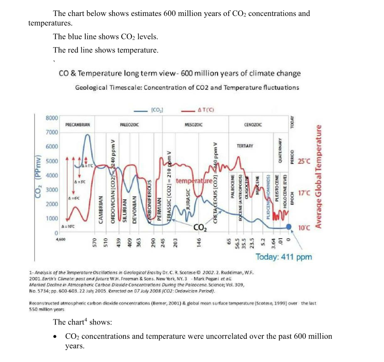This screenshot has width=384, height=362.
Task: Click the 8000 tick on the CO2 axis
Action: [x=51, y=118]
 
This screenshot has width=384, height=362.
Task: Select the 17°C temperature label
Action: [x=304, y=194]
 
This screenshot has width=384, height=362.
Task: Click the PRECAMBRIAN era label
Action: [x=78, y=125]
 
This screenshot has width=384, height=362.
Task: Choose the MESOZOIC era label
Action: [x=193, y=125]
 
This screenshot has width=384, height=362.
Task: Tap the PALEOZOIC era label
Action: [x=131, y=125]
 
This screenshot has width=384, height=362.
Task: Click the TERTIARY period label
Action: [x=243, y=146]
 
